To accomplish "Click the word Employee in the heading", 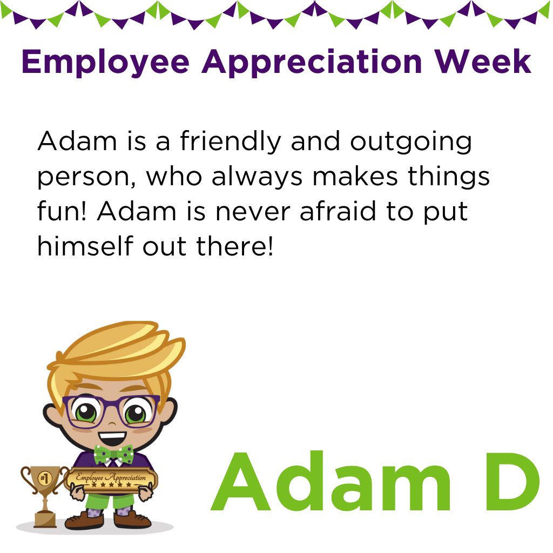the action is coord(105,62).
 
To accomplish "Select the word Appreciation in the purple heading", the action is coord(312,62).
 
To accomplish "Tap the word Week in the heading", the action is coord(483,62).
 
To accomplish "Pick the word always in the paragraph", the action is coord(257,177).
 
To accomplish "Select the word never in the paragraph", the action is coord(253,212).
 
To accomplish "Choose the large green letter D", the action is coord(512,481).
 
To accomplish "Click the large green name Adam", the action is coord(331,481).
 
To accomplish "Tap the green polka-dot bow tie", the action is coord(113,455).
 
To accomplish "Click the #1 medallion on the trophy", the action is coord(45,478).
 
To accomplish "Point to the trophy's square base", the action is coord(45,520).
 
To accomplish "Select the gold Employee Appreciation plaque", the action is coord(111,480).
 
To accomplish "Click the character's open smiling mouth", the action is coord(112,439).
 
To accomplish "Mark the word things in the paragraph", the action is coord(449,177).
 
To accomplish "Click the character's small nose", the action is coord(111,423).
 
